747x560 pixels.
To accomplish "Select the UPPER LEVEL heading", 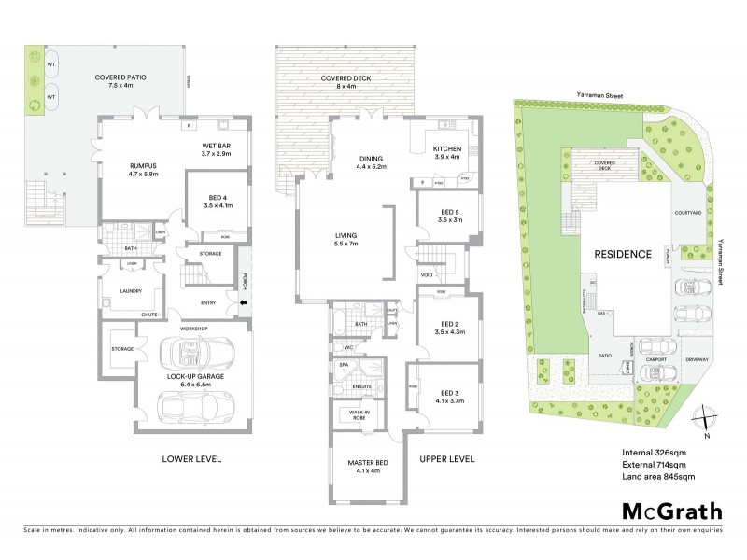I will [x=447, y=458].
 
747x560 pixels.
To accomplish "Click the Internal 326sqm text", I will [x=654, y=453].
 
